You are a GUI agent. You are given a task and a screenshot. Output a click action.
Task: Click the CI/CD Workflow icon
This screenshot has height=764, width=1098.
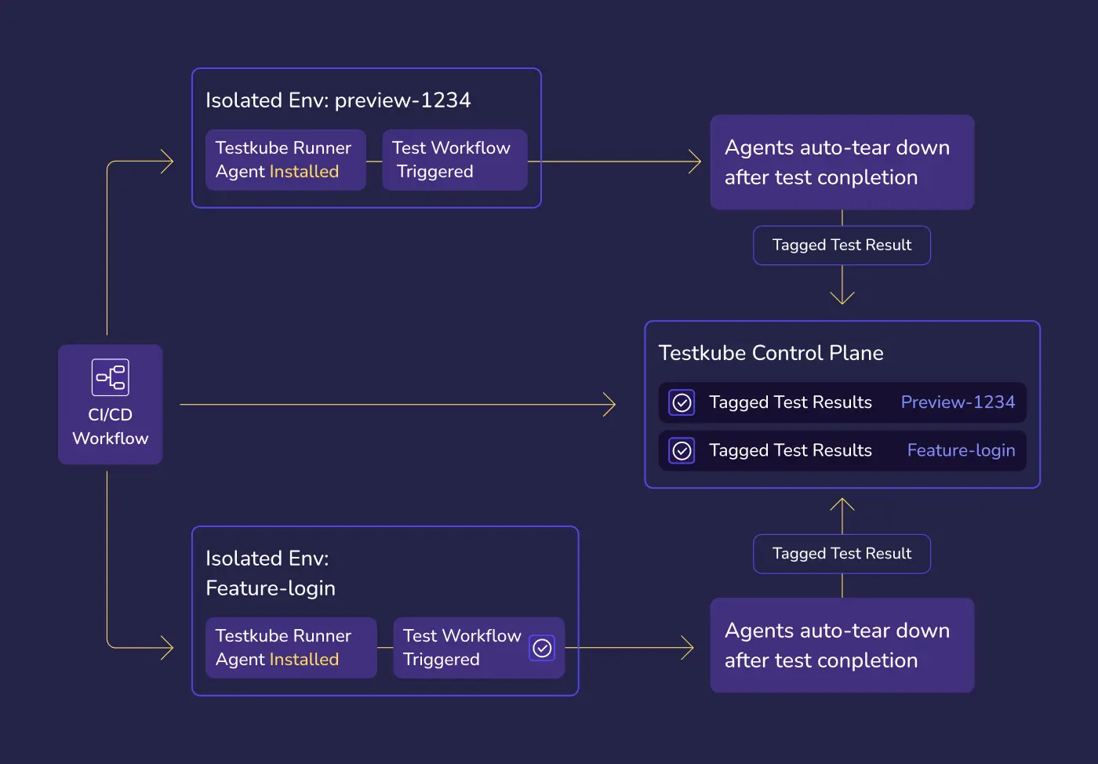(110, 377)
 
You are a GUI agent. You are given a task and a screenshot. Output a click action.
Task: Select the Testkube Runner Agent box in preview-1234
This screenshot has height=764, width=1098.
(285, 160)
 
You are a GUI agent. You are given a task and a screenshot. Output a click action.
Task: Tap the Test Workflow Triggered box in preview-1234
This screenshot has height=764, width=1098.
(454, 160)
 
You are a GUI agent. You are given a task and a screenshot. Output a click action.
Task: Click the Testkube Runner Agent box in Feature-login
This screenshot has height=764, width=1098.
(290, 648)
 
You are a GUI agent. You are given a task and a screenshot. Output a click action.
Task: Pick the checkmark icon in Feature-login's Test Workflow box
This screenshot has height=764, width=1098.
(542, 648)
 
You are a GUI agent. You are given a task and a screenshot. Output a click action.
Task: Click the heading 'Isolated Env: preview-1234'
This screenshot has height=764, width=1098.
(338, 100)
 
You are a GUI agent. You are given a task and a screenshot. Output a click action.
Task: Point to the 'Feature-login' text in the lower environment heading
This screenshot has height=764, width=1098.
(271, 588)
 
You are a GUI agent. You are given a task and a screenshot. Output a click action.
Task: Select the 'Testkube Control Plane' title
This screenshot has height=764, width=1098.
(771, 353)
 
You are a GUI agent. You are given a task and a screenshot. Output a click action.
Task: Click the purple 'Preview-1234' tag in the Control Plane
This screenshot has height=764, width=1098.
(958, 402)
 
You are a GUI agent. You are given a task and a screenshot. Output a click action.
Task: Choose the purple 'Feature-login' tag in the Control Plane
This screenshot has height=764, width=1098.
(961, 450)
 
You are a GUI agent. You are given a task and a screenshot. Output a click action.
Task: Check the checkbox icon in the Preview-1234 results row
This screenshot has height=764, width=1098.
(682, 402)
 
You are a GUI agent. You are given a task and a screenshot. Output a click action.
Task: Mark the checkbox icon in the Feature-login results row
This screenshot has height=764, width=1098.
(682, 451)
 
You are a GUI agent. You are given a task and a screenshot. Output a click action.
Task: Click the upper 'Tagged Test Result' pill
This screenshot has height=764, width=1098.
(842, 246)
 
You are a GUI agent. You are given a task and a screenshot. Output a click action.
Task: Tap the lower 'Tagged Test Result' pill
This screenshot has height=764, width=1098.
(842, 554)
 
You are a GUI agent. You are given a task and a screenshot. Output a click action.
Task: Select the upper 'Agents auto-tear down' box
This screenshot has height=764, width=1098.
(842, 162)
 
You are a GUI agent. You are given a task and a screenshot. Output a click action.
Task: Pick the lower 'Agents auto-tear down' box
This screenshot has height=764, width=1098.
(842, 646)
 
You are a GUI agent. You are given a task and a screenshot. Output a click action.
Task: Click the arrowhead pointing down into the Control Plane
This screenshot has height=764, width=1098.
(842, 298)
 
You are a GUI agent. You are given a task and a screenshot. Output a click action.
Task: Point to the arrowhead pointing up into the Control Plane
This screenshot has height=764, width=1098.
(842, 504)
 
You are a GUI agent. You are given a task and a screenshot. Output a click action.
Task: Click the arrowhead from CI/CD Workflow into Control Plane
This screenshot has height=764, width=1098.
(610, 405)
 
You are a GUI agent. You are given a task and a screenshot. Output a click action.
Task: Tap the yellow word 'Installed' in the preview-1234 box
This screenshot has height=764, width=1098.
(304, 172)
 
